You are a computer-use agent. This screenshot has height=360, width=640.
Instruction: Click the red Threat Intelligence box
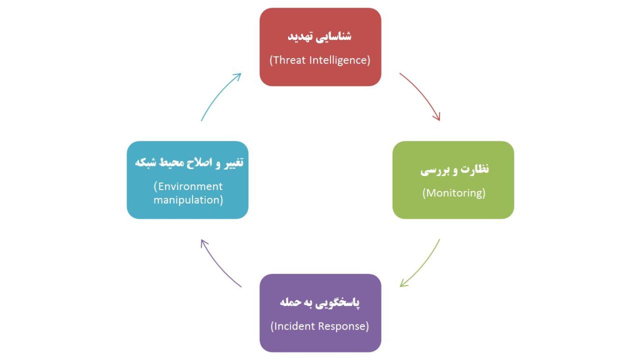[320, 47]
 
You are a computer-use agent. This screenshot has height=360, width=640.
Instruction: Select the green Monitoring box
[453, 180]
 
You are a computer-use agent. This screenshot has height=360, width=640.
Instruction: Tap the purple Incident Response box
[320, 313]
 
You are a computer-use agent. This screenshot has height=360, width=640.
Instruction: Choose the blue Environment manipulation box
[187, 180]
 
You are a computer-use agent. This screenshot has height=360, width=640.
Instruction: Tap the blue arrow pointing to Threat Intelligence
[218, 94]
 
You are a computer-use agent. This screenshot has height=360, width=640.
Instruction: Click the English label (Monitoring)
[453, 193]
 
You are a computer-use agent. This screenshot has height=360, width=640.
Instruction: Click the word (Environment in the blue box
[188, 186]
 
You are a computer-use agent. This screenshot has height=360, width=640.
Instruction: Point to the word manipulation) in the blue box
[188, 200]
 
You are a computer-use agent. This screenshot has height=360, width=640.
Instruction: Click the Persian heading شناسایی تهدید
[319, 36]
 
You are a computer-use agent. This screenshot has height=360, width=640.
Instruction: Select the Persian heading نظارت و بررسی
[454, 169]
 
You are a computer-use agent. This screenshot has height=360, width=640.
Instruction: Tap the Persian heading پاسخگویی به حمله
[319, 302]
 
